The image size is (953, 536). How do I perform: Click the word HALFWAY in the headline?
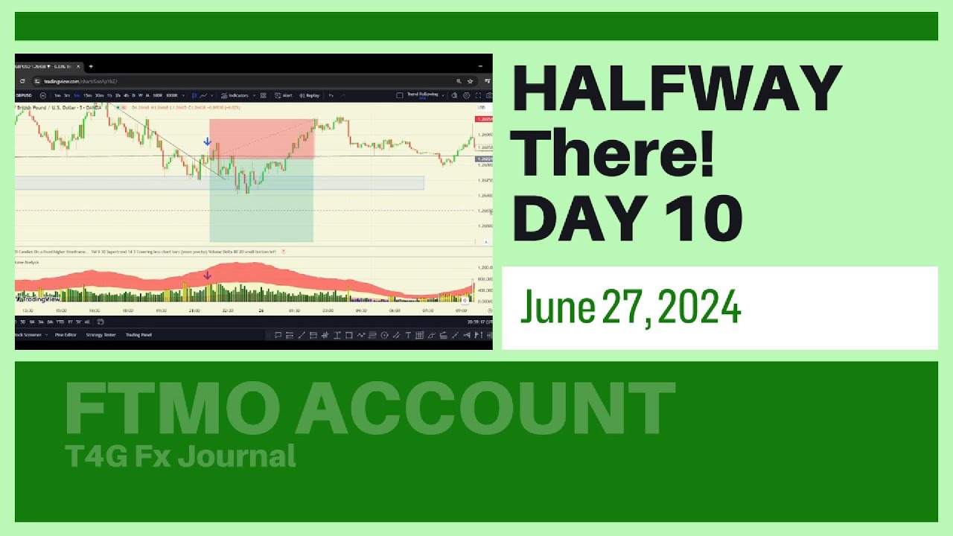pyautogui.click(x=677, y=89)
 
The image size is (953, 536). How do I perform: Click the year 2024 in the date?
pyautogui.click(x=699, y=306)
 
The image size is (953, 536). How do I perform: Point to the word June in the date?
pyautogui.click(x=557, y=306)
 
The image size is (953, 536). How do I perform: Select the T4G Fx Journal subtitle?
pyautogui.click(x=180, y=456)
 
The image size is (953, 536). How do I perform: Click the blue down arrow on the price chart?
pyautogui.click(x=207, y=141)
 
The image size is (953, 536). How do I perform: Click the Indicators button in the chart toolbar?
pyautogui.click(x=238, y=95)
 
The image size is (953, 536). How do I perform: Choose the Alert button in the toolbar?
pyautogui.click(x=286, y=95)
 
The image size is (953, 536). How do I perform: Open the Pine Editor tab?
pyautogui.click(x=66, y=335)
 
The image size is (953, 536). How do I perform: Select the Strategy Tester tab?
pyautogui.click(x=101, y=335)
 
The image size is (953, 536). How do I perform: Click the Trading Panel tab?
pyautogui.click(x=138, y=335)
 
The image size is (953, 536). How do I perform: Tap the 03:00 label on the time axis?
pyautogui.click(x=328, y=310)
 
